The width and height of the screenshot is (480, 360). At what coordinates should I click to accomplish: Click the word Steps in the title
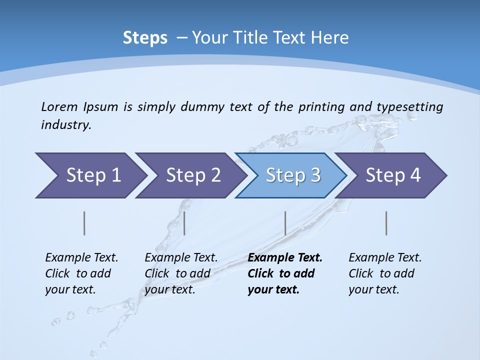[145, 38]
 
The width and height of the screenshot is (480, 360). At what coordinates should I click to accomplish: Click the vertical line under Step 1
[84, 223]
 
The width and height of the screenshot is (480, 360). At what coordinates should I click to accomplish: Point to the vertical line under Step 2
[184, 223]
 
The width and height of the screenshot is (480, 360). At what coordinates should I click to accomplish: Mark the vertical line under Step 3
[285, 223]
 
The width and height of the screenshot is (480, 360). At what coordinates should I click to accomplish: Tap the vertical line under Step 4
[386, 223]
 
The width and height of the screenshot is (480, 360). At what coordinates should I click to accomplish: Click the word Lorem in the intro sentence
[59, 106]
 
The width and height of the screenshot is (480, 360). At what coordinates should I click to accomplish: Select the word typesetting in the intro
[409, 106]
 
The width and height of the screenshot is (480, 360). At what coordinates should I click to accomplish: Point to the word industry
[66, 125]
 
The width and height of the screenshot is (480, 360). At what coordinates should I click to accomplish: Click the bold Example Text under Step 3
[285, 257]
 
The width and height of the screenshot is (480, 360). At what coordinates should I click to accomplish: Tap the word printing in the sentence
[322, 106]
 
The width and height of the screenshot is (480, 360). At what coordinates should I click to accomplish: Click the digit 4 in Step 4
[414, 175]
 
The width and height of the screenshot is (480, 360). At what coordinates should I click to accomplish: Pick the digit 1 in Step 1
[115, 175]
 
